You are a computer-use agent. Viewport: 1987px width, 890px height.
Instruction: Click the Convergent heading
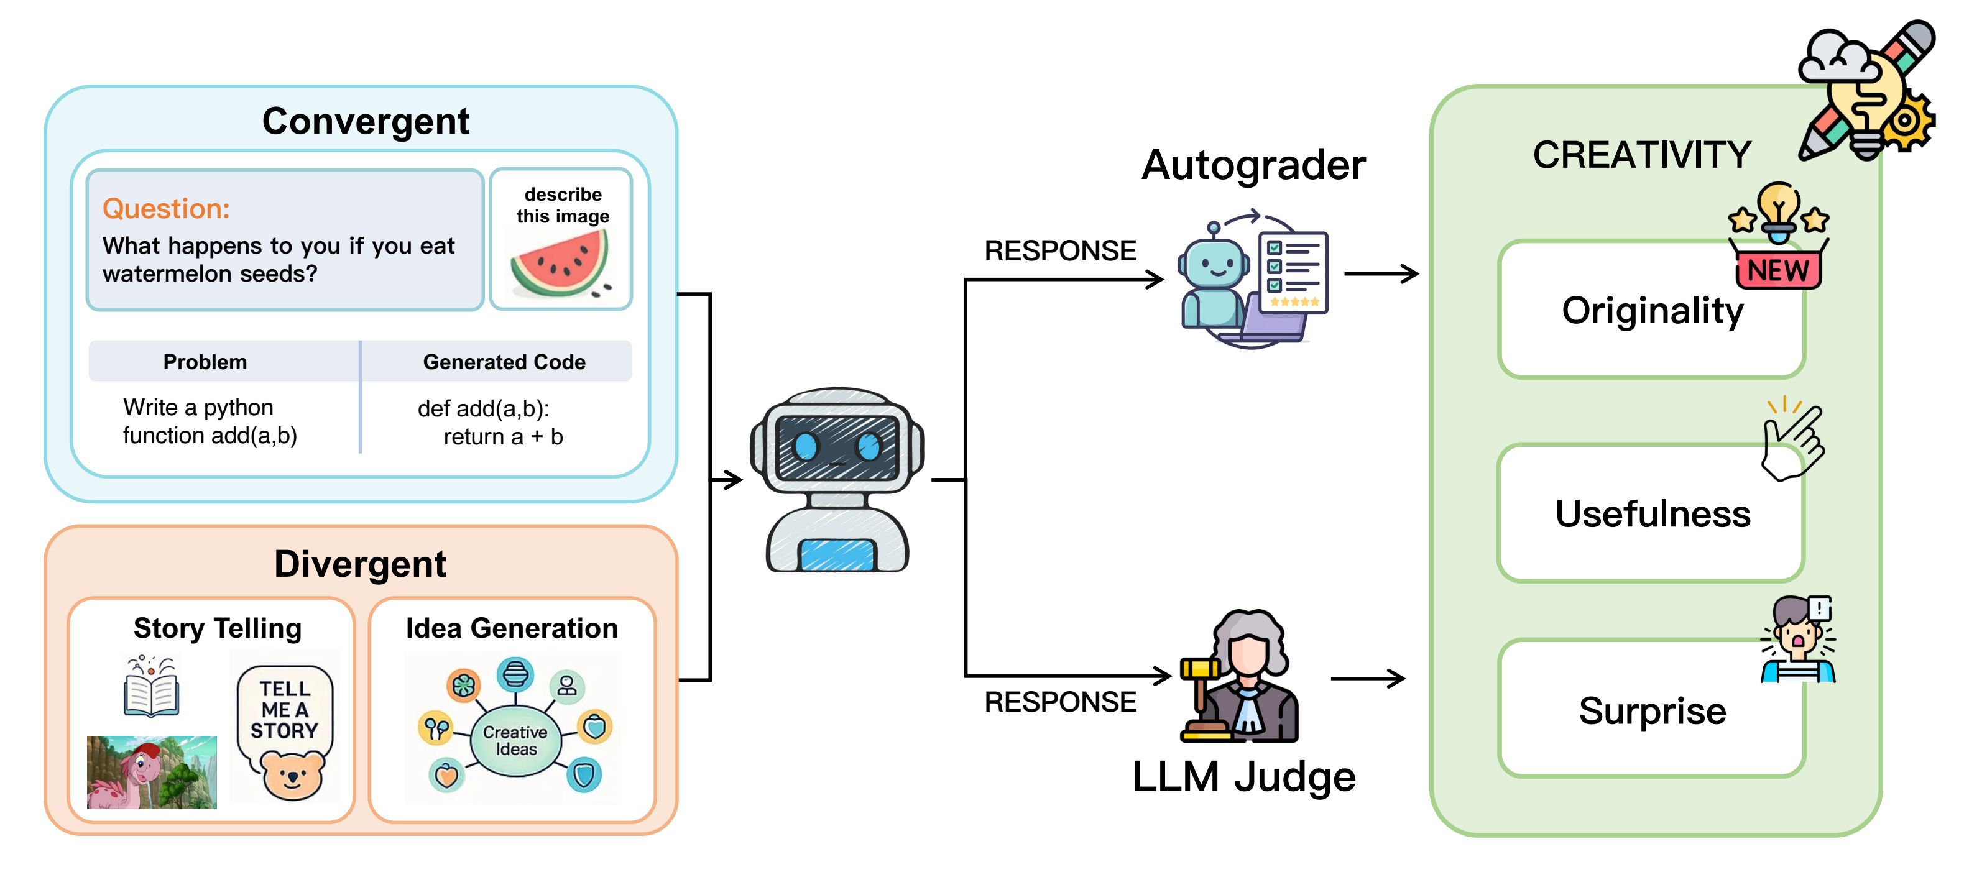point(365,121)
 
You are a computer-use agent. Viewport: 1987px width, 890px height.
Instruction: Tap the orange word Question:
point(166,208)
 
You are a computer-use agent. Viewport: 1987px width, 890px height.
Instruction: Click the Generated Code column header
point(504,362)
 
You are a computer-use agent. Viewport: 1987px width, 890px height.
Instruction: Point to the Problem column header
point(205,362)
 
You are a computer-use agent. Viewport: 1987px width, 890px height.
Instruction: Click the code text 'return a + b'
point(503,436)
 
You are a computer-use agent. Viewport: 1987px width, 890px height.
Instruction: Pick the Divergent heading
point(359,564)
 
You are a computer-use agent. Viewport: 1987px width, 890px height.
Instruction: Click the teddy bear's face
point(292,776)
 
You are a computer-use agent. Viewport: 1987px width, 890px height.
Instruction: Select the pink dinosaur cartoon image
point(151,772)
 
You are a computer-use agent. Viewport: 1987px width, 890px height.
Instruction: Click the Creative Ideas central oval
point(515,740)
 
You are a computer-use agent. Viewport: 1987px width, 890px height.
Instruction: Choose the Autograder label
point(1253,165)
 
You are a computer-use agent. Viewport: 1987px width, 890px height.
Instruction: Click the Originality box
point(1651,311)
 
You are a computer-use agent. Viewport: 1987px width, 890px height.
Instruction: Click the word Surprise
point(1651,710)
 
